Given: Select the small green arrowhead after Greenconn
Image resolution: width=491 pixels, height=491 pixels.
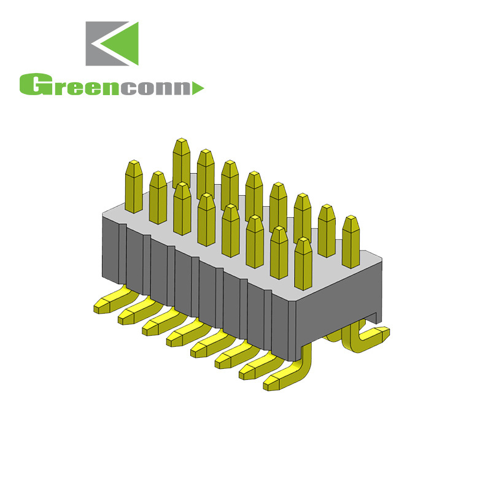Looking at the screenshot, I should (198, 89).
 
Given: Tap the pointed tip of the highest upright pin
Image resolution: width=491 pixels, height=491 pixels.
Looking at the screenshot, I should (180, 141).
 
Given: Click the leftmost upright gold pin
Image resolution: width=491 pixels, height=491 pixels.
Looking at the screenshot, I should (134, 184).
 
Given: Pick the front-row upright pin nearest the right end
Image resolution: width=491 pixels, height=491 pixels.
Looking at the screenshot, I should (303, 264).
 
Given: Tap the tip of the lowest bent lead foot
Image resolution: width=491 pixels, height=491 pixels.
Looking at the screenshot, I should (271, 385).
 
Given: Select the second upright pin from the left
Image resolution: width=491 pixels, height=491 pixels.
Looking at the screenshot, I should (158, 196).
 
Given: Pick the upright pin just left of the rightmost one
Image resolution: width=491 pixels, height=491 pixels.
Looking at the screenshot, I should (327, 230).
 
